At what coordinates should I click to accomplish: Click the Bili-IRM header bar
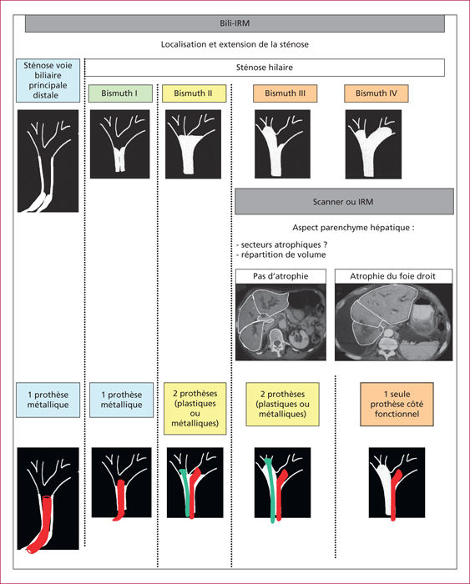tap(235, 23)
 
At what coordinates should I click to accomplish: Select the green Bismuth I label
tap(120, 93)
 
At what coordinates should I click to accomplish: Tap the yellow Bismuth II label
tap(194, 93)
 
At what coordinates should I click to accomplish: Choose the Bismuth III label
tap(286, 93)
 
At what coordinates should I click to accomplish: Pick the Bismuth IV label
tap(376, 93)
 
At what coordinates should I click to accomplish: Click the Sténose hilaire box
tap(265, 68)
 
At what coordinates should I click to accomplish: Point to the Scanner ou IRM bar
tap(344, 202)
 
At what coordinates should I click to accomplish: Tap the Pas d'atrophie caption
tap(280, 276)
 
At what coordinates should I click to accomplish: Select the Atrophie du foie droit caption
tap(393, 276)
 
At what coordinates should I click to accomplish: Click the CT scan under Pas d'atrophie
tap(280, 322)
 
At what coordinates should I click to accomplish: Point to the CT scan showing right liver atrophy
tap(393, 322)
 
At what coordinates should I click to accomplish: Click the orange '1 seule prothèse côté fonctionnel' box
tap(397, 404)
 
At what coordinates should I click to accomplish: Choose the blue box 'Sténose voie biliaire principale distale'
tap(48, 80)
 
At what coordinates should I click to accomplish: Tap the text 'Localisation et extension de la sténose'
tap(235, 44)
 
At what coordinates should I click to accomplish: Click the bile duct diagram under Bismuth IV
tap(373, 144)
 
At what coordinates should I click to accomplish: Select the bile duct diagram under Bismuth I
tap(119, 143)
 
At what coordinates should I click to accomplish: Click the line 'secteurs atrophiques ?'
tap(282, 244)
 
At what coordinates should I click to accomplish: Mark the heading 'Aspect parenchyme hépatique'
tap(353, 228)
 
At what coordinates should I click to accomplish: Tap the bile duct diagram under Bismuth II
tap(193, 143)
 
